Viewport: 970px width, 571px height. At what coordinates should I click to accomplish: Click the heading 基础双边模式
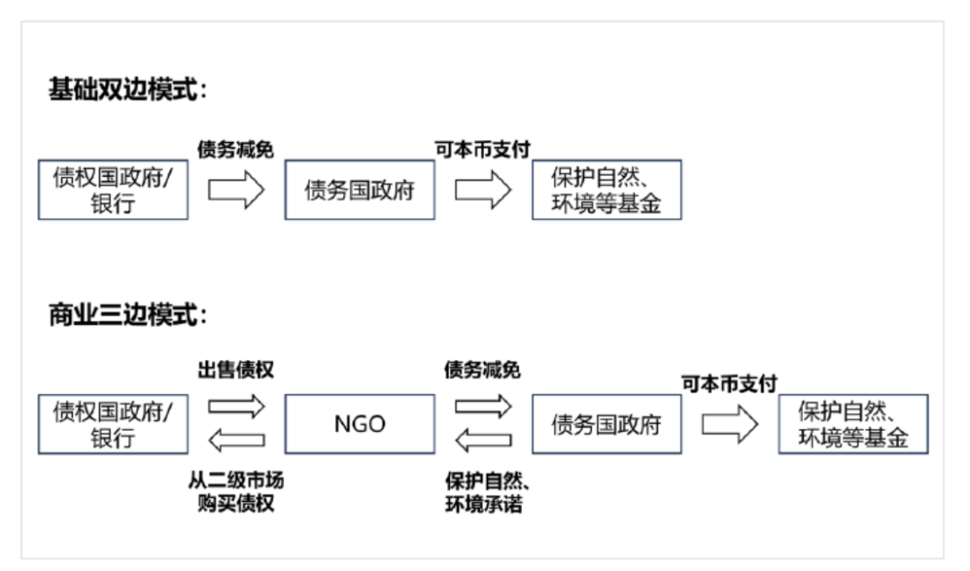(128, 91)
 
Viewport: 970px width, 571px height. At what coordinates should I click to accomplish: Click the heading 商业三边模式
(128, 315)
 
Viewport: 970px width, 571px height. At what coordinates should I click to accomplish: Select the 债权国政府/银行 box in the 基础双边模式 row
(113, 190)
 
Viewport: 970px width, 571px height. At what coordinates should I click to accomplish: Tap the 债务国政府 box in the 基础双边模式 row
(359, 190)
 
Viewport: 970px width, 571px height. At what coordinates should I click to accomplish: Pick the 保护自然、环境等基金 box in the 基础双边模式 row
(606, 190)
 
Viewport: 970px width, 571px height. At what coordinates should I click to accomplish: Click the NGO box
(359, 424)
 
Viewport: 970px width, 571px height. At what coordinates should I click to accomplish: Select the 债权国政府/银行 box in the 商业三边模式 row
(113, 424)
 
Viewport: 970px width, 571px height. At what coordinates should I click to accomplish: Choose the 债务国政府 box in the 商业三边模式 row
(606, 424)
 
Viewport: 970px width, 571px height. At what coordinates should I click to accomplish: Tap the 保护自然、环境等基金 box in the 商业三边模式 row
(853, 424)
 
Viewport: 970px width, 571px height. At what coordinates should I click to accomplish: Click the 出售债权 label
(236, 369)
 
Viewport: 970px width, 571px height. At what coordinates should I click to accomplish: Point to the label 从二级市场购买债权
(236, 492)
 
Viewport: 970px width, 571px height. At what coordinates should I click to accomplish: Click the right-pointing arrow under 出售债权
(236, 406)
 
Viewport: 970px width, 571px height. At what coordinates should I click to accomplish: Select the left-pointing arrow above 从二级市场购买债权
(236, 440)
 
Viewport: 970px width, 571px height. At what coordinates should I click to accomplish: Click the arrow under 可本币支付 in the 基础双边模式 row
(483, 190)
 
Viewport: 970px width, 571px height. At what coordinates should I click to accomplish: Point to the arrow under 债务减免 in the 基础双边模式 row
(236, 190)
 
